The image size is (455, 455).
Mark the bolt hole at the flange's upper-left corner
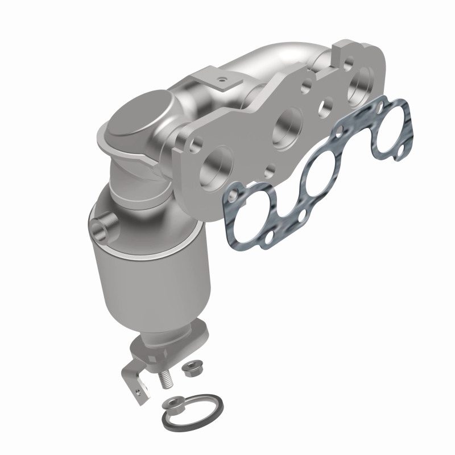[198, 140]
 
